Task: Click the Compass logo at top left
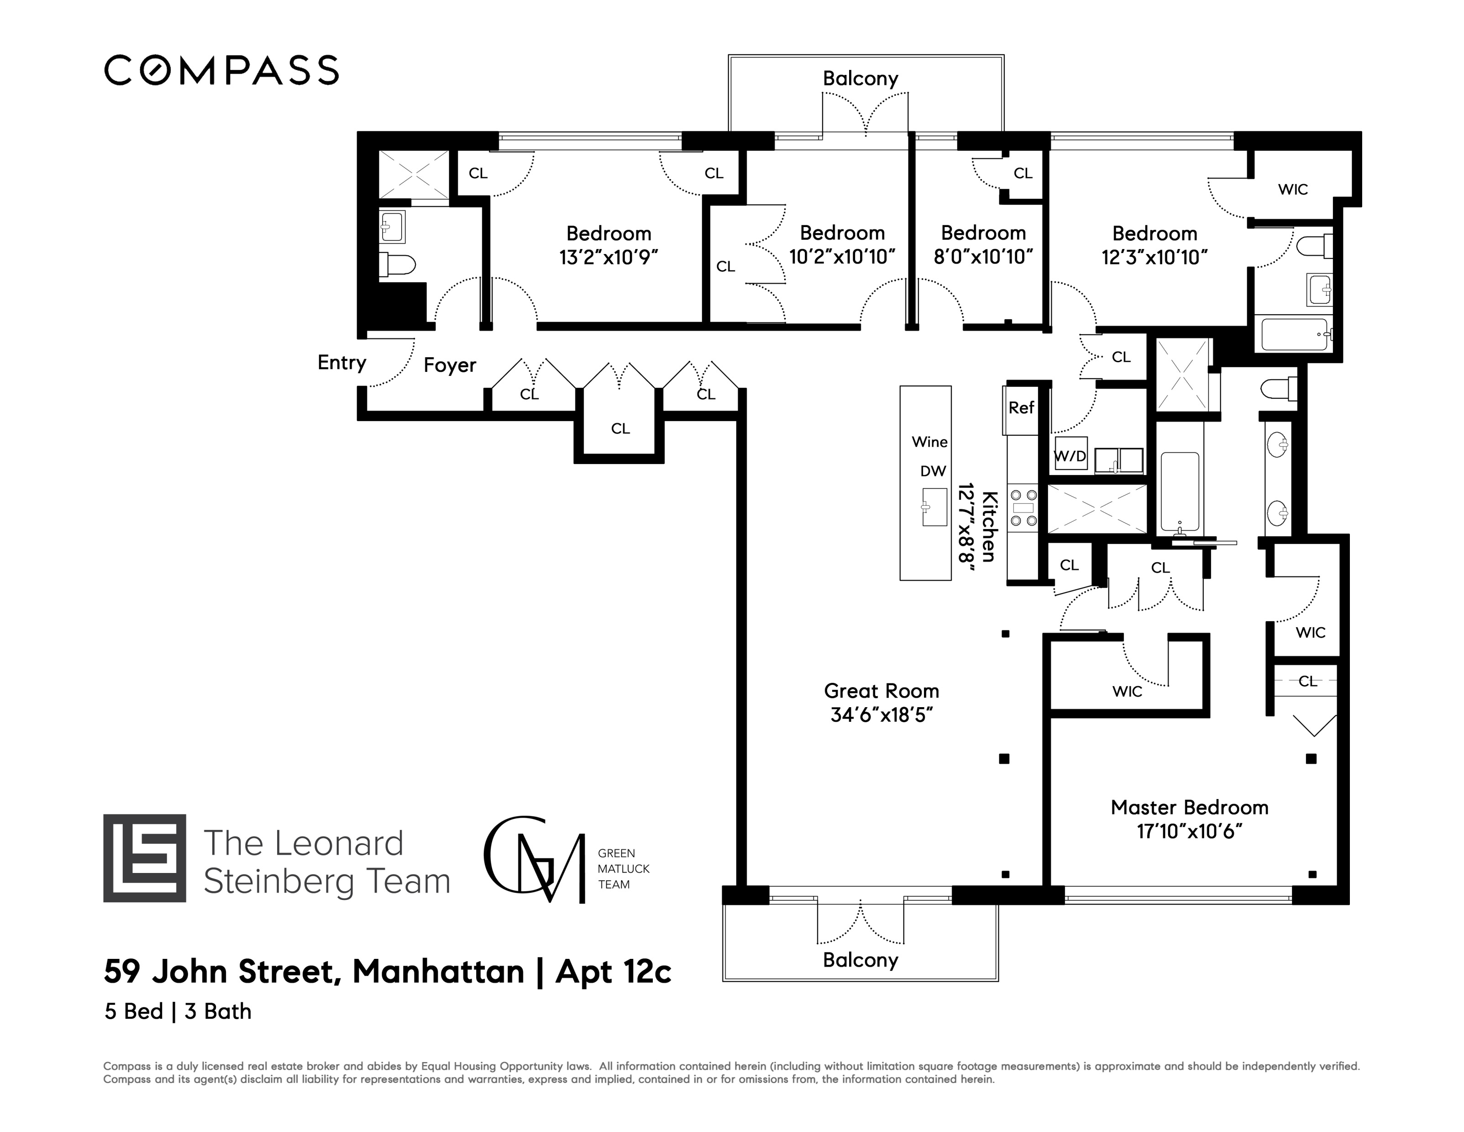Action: tap(221, 70)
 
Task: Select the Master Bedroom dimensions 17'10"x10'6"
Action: tap(1190, 831)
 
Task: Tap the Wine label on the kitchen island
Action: tap(930, 442)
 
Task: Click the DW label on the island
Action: tap(933, 471)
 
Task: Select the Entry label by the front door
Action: tap(342, 363)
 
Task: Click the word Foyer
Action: tap(450, 365)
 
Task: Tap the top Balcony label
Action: tap(860, 79)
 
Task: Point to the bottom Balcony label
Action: tap(860, 960)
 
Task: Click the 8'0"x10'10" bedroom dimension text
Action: tap(983, 257)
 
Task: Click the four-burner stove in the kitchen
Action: tap(1023, 508)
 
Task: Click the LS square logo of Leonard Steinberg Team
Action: tap(145, 858)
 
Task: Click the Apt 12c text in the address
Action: tap(614, 972)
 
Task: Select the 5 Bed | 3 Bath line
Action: tap(178, 1011)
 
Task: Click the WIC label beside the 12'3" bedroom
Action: tap(1292, 190)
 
